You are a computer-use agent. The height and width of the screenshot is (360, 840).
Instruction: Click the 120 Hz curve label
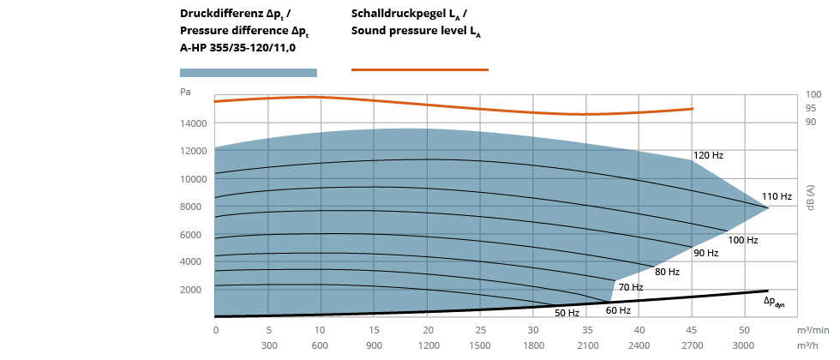pos(708,155)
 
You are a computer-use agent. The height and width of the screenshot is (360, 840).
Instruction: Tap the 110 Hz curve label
pos(777,196)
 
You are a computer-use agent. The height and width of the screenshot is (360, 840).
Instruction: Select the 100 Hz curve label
pos(743,240)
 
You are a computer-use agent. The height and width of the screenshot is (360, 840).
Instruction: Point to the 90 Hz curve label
pos(706,253)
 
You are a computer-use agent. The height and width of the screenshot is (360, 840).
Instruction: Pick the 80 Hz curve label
pos(667,272)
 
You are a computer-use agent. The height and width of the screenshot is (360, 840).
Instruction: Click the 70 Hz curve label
pos(631,287)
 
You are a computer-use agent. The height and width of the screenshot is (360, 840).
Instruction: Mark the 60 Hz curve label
pos(618,310)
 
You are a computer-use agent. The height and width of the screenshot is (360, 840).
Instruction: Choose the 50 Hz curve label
pos(567,313)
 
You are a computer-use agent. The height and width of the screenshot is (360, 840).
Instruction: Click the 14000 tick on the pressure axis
pos(195,123)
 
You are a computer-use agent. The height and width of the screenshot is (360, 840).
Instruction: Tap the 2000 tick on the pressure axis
pos(197,290)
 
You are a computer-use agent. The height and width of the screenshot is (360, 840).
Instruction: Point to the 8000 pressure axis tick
pos(197,207)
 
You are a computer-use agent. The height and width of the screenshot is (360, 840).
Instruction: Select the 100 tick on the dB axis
pos(813,94)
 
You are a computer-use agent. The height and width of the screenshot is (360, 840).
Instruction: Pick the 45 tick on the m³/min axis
pos(692,329)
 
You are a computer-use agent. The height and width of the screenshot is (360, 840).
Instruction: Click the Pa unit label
pos(186,91)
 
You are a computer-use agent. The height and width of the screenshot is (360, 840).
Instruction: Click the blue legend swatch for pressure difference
pos(249,73)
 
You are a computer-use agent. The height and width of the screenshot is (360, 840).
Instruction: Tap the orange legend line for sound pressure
pos(420,69)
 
